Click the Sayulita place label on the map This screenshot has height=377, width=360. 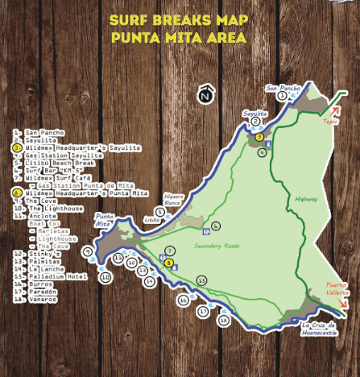coord(255,114)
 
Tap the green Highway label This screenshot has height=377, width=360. coord(307,198)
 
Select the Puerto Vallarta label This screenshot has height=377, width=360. coord(337,288)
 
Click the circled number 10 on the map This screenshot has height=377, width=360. coord(105,278)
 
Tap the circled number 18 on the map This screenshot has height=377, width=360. coord(224,320)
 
